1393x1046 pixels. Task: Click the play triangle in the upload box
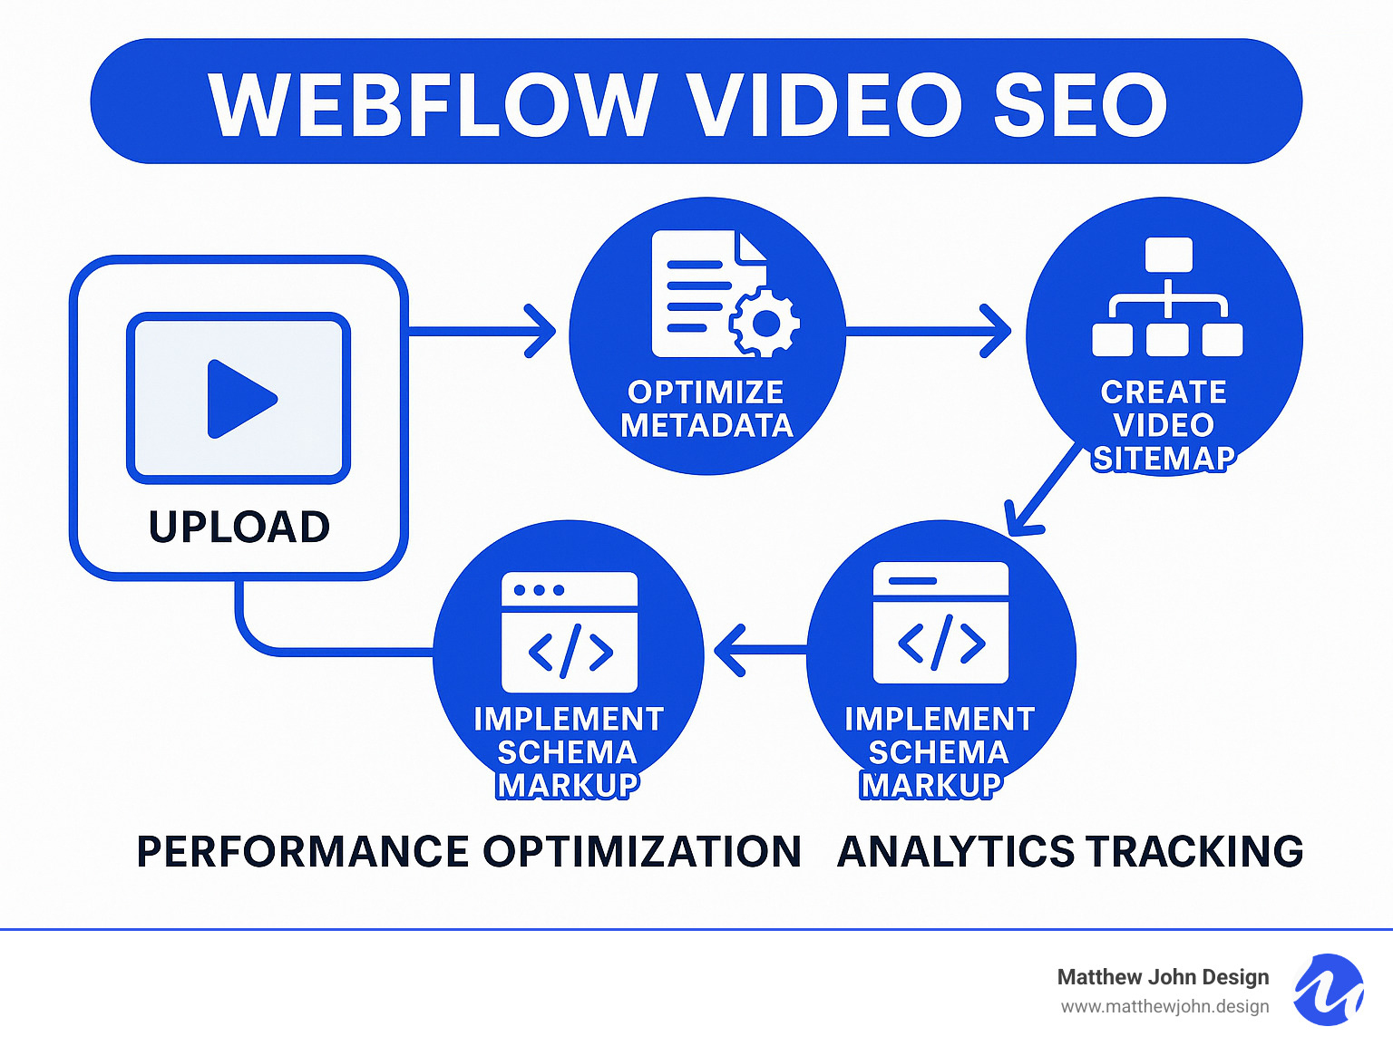click(x=239, y=399)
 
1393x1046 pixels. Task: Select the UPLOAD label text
click(x=239, y=528)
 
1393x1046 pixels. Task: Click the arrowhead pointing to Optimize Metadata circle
click(x=541, y=332)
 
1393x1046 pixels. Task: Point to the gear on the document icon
click(x=765, y=323)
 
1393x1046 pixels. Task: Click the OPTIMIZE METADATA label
click(x=706, y=409)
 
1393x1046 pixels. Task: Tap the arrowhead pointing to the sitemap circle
click(x=997, y=331)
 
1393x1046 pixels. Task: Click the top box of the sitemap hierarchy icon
click(x=1168, y=254)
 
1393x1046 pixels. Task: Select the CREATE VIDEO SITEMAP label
click(x=1164, y=425)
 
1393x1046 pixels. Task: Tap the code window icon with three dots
click(x=570, y=632)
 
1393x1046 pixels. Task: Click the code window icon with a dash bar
click(x=940, y=622)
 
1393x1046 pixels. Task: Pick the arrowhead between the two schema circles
click(x=731, y=650)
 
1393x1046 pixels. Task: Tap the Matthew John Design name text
click(x=1163, y=977)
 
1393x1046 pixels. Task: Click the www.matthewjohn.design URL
click(x=1164, y=1007)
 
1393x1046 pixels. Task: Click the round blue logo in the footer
click(x=1328, y=990)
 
